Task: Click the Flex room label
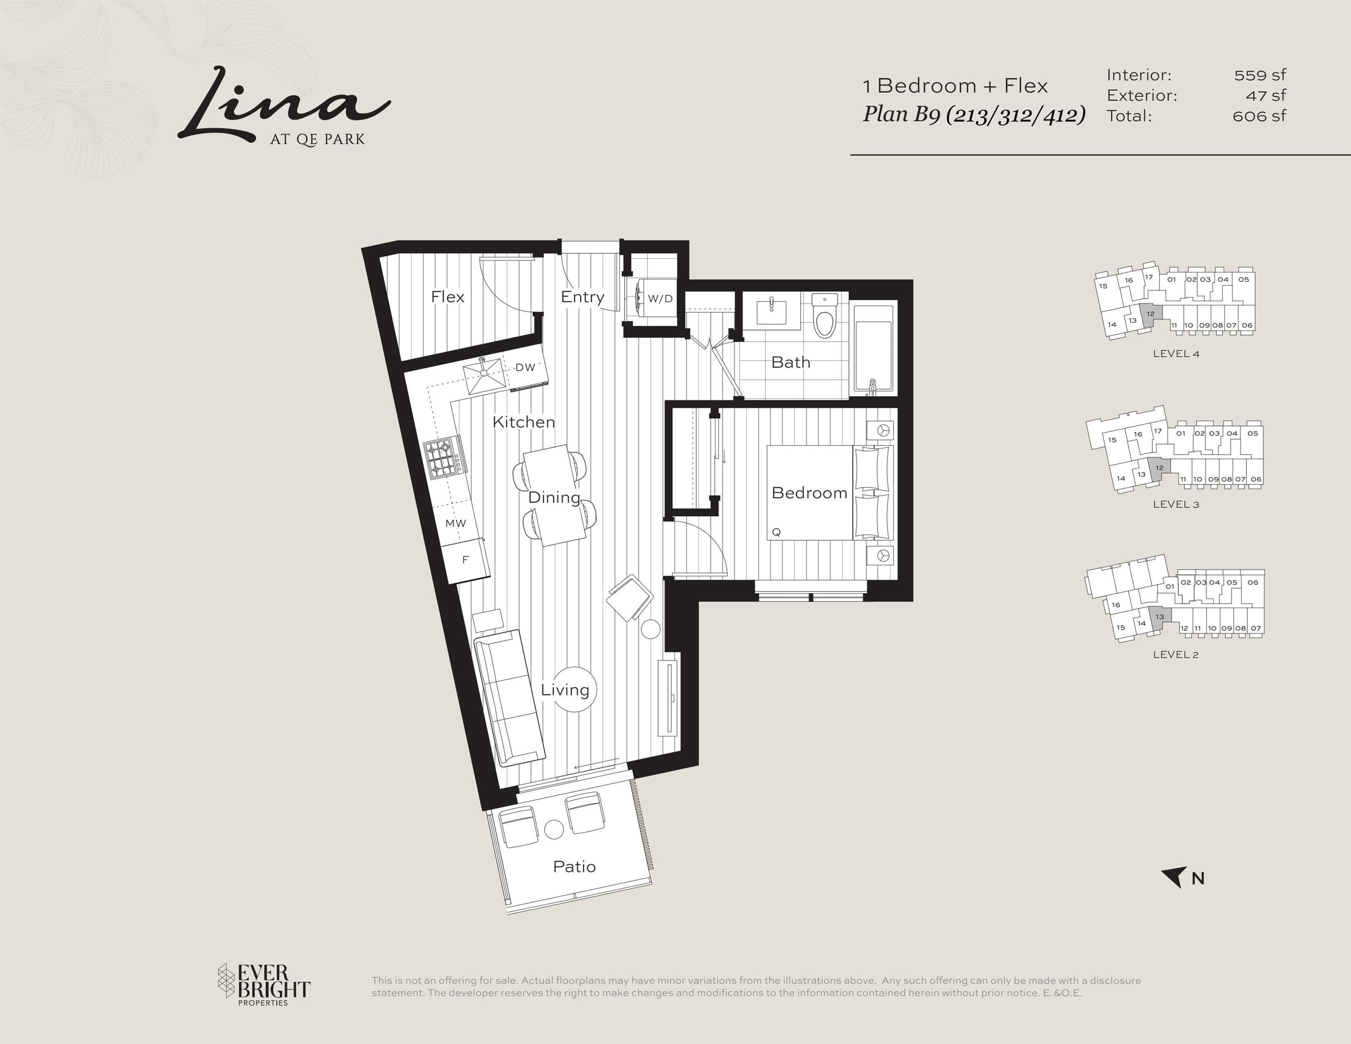pos(447,297)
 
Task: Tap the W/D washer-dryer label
pos(660,299)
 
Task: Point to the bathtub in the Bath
pos(873,349)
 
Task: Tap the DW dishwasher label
pos(525,367)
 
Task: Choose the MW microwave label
pos(456,523)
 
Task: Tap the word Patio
pos(574,866)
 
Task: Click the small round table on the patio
pos(554,829)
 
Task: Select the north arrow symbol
pos(1173,877)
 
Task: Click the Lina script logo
pos(284,105)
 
